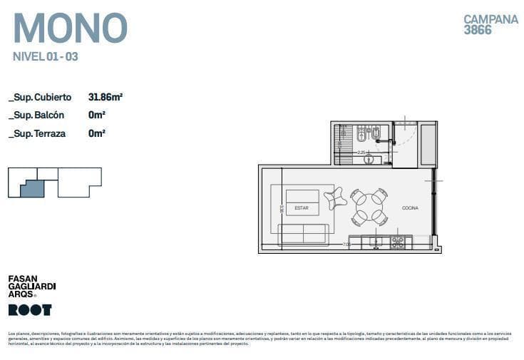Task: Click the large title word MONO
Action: (70, 28)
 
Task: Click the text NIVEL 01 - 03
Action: (46, 57)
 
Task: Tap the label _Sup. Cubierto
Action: (40, 97)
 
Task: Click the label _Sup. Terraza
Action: (38, 133)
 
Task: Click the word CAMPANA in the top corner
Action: (490, 19)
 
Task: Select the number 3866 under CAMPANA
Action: (478, 31)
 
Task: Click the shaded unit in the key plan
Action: (33, 188)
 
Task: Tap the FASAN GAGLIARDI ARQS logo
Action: (31, 286)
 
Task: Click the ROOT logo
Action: (29, 309)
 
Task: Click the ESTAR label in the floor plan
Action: (302, 208)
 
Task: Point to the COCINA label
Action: (410, 208)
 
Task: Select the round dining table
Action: (369, 207)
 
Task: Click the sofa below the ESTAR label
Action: (302, 233)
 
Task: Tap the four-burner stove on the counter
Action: (397, 242)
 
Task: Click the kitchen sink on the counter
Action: (376, 242)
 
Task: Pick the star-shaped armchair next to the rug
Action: (336, 198)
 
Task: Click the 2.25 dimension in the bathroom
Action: (361, 152)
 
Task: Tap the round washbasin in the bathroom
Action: (369, 159)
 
